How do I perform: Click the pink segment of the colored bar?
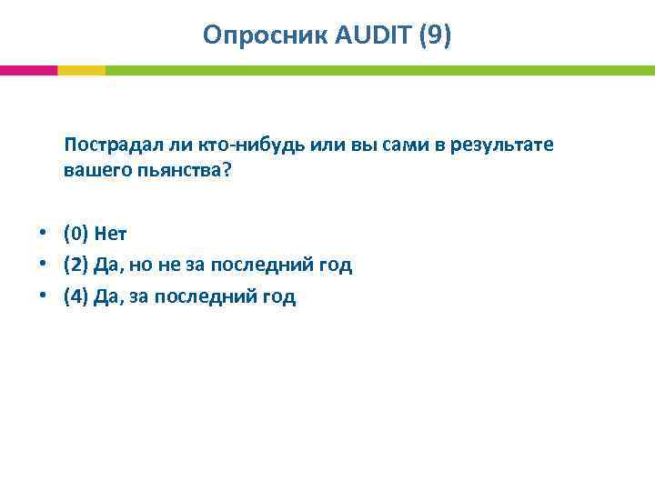click(x=28, y=70)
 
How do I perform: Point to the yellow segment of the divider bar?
click(x=81, y=70)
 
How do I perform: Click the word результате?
click(x=502, y=145)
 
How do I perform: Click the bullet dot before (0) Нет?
click(x=42, y=234)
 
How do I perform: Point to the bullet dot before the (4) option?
click(x=42, y=296)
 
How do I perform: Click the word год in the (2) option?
click(x=333, y=266)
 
